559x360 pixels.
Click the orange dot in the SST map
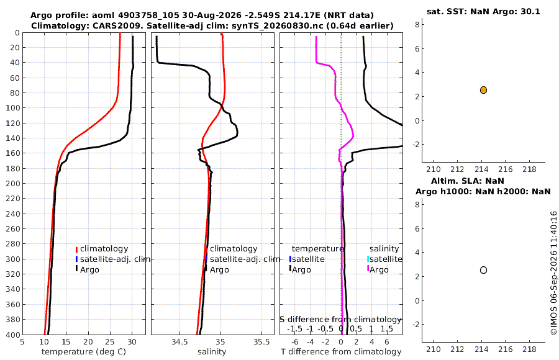(483, 90)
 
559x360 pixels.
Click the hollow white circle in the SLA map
(483, 270)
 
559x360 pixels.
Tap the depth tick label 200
(13, 183)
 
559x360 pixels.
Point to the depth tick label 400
(13, 335)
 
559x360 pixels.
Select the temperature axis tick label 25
(110, 342)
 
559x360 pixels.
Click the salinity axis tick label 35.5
(261, 342)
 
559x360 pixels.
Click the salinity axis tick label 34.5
(180, 342)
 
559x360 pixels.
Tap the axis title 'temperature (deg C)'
(84, 352)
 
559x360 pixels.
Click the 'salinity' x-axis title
(212, 352)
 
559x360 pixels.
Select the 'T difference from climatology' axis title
(341, 352)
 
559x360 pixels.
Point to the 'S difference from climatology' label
(341, 319)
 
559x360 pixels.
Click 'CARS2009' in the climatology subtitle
(121, 26)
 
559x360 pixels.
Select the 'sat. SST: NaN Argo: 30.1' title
(483, 11)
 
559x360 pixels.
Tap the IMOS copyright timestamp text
(553, 273)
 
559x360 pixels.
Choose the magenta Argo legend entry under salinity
(378, 269)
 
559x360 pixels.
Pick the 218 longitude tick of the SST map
(529, 169)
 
